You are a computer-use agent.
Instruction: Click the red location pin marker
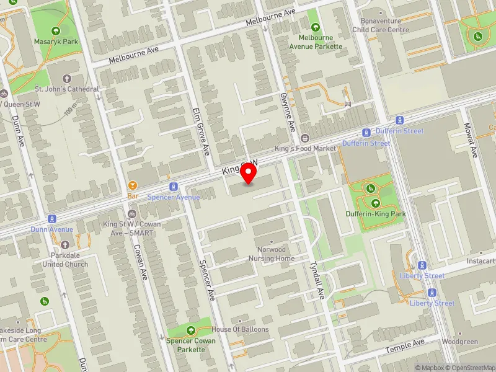coord(249,173)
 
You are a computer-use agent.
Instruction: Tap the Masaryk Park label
coord(56,42)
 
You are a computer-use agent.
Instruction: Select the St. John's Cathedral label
coord(67,89)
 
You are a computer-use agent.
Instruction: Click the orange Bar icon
coord(132,185)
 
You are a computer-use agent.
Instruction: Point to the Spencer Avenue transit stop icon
coord(174,187)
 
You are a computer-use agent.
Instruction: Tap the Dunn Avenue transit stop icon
coord(52,219)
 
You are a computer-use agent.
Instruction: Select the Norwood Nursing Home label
coord(272,254)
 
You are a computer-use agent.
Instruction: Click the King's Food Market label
coord(305,149)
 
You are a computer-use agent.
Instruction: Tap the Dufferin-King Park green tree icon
coord(376,203)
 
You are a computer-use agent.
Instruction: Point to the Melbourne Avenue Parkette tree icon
coord(316,27)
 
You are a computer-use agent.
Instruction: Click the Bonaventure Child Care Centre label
coord(381,25)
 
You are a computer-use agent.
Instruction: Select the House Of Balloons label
coord(240,329)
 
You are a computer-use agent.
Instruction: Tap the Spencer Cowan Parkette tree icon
coord(190,330)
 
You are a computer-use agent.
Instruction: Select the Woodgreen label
coord(460,342)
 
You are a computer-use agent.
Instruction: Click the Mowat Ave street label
coord(469,141)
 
